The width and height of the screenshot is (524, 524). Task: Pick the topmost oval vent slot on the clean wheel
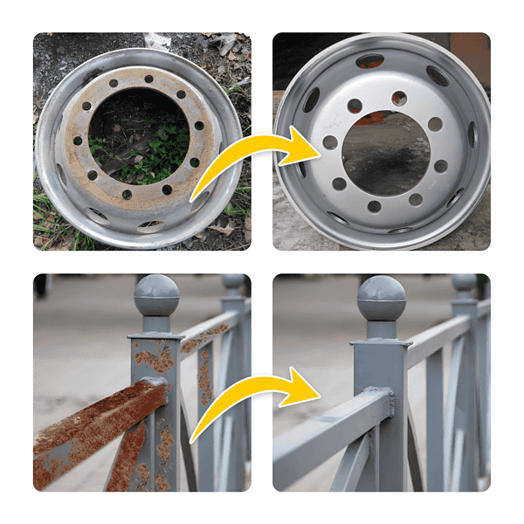370,60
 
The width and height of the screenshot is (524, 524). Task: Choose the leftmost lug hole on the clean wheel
330,142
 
